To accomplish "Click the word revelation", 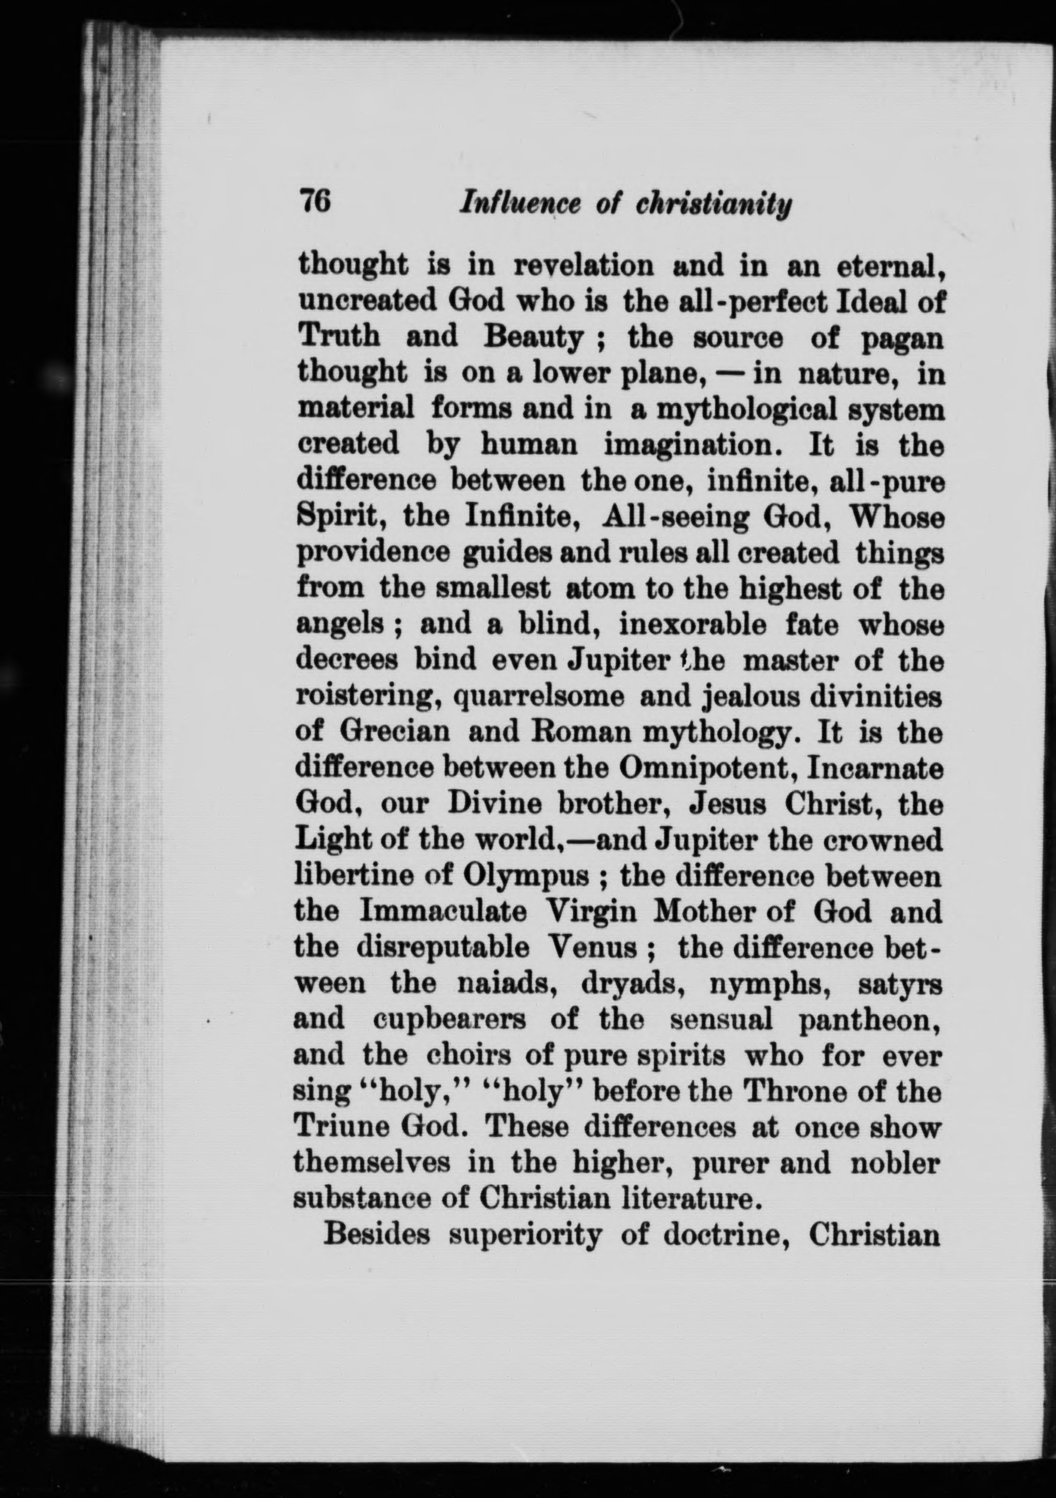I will (584, 265).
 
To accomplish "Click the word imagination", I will (692, 447).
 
